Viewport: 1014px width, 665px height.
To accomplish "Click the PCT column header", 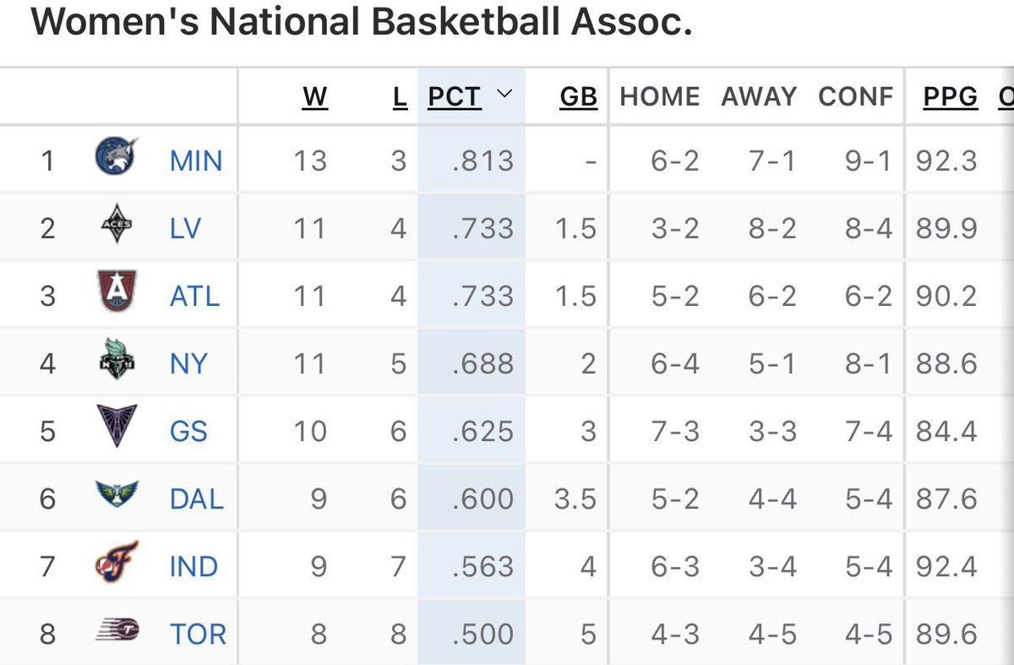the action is [x=455, y=96].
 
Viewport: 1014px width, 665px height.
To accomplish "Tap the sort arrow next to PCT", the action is [x=504, y=93].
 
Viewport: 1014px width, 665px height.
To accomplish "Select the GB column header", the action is [x=579, y=96].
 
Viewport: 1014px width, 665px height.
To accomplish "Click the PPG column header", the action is [x=951, y=96].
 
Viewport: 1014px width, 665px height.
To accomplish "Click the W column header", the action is [x=315, y=96].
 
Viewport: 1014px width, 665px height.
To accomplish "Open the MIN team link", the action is [x=196, y=161].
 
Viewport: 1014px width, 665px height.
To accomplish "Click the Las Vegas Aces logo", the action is [x=117, y=223].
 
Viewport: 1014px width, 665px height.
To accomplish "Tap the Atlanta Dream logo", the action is [x=117, y=291].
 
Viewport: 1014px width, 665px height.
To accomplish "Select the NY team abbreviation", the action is [x=188, y=363].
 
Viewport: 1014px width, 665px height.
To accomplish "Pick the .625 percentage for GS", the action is [x=483, y=431].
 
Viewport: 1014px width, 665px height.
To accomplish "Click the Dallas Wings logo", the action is [x=117, y=494].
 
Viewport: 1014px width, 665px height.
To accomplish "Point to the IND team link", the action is [x=194, y=566].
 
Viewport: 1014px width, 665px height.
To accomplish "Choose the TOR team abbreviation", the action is [x=198, y=634].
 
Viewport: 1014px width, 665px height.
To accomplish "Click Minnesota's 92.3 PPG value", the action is [x=946, y=161].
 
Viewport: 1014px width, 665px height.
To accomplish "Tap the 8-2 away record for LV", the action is [x=772, y=228].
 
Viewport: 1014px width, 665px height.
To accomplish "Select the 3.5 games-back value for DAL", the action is [x=575, y=499].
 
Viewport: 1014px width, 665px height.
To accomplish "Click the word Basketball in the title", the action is [x=466, y=22].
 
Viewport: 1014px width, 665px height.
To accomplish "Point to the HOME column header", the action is [x=660, y=96].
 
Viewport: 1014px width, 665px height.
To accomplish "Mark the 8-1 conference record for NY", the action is [x=869, y=363].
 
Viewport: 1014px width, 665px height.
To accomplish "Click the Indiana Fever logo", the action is [x=117, y=561].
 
